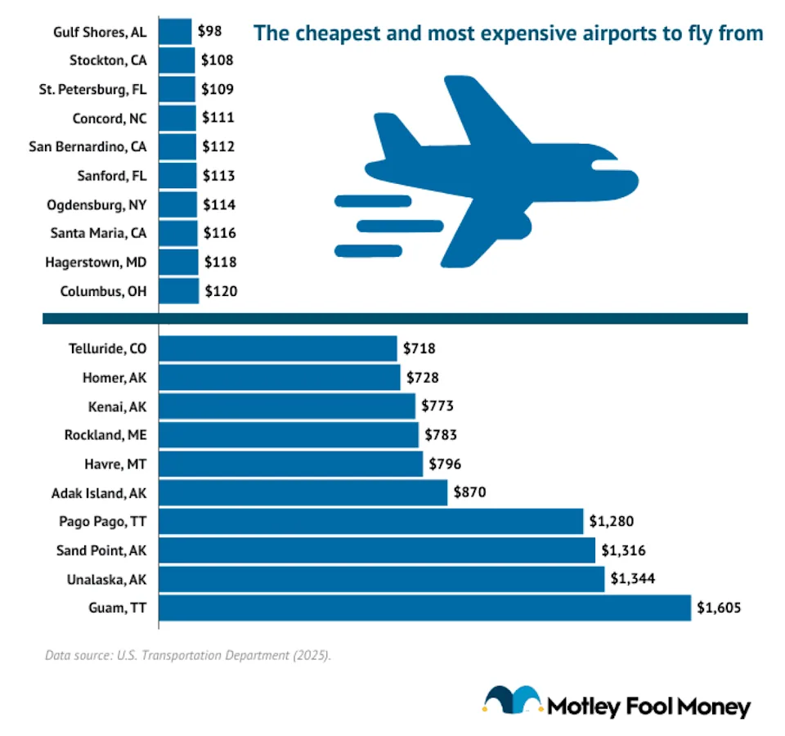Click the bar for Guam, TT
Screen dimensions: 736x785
pyautogui.click(x=424, y=608)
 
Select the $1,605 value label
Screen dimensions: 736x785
pyautogui.click(x=719, y=608)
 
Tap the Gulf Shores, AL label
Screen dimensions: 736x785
pyautogui.click(x=101, y=32)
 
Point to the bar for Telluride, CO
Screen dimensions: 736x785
pyautogui.click(x=277, y=348)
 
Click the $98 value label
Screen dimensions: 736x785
pyautogui.click(x=210, y=32)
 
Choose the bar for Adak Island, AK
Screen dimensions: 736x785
pyautogui.click(x=303, y=492)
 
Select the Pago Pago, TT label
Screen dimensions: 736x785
pyautogui.click(x=102, y=521)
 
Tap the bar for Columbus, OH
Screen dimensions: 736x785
pyautogui.click(x=178, y=290)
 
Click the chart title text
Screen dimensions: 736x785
pyautogui.click(x=508, y=34)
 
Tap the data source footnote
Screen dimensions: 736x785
pyautogui.click(x=188, y=655)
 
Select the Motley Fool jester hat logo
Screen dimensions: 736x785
pyautogui.click(x=512, y=702)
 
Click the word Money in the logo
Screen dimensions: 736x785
pyautogui.click(x=711, y=706)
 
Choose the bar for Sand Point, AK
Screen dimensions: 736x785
pyautogui.click(x=376, y=550)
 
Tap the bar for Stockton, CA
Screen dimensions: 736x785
pyautogui.click(x=177, y=61)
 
